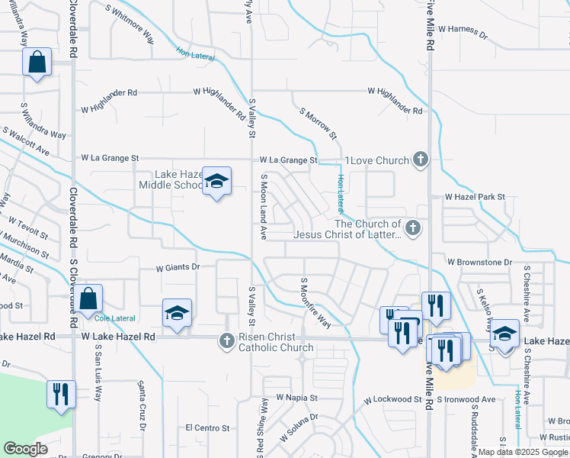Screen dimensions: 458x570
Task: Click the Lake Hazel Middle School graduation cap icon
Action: [216, 182]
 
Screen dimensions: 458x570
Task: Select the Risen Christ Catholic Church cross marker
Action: [226, 340]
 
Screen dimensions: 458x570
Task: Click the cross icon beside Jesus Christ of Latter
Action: [412, 227]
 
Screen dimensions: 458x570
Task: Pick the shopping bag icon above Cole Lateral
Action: [88, 298]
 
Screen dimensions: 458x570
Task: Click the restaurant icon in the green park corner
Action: [59, 394]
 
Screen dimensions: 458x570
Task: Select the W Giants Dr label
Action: [178, 268]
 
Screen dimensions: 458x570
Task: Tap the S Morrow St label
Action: [319, 122]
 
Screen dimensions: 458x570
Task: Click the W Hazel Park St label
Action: [475, 197]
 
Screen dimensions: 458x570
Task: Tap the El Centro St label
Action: [207, 428]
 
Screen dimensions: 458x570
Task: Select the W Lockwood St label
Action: [392, 400]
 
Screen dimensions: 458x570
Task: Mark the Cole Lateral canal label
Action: [111, 318]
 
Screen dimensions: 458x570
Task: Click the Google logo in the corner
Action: [25, 449]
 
